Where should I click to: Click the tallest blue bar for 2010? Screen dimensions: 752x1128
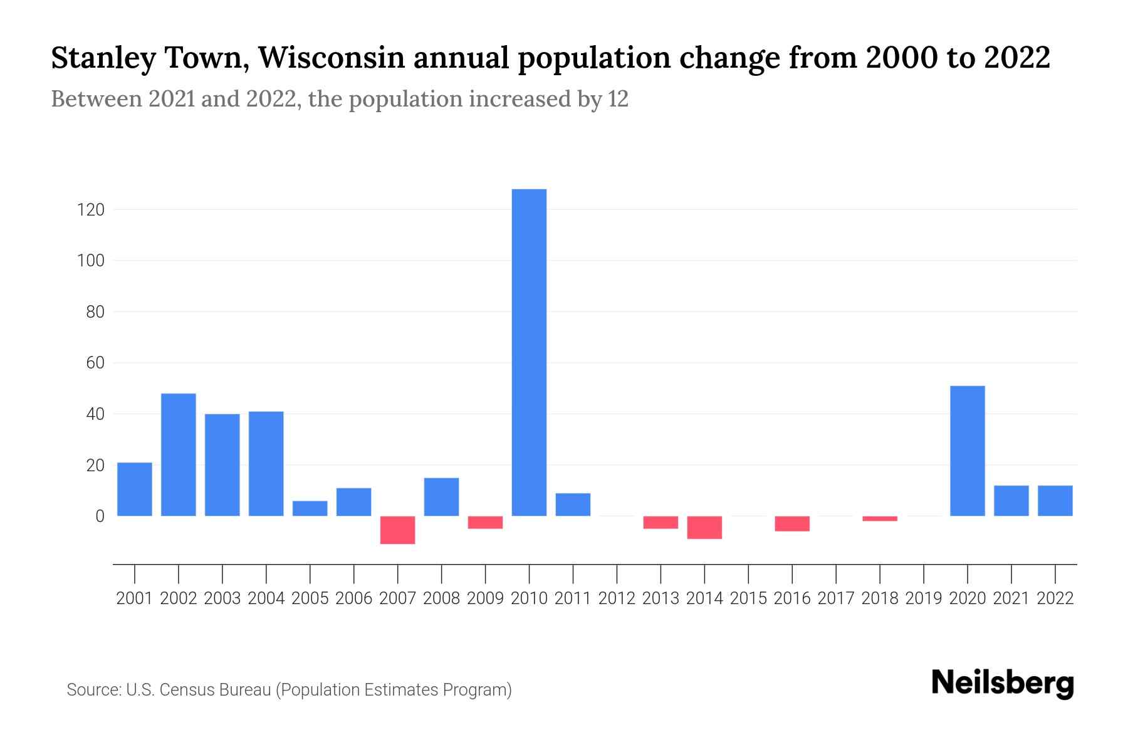529,352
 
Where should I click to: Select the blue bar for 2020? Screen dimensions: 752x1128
967,451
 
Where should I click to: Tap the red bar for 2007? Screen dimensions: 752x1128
397,530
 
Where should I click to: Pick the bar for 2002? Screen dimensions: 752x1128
179,454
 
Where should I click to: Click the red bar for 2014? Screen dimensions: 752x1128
704,527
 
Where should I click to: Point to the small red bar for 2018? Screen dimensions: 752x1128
880,518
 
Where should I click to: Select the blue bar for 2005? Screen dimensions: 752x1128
310,508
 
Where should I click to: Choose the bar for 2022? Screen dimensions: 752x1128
1055,501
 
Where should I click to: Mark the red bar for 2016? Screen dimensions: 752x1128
792,523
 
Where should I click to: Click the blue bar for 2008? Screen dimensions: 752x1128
441,497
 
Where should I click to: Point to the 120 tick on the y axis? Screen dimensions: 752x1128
90,209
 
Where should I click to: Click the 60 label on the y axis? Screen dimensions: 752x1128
95,363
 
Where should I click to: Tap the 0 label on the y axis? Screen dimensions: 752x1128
99,516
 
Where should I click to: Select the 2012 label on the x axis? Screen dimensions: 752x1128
617,598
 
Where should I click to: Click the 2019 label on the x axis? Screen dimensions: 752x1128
924,598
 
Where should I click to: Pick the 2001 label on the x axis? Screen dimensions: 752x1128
135,598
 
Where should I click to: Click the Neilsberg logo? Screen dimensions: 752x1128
1003,684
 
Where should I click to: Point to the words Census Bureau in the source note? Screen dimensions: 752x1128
216,690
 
